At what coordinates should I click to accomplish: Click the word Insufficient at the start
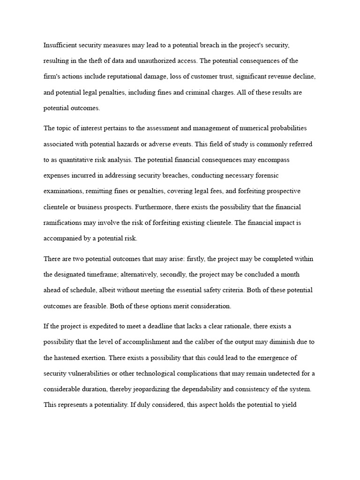(x=59, y=45)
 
